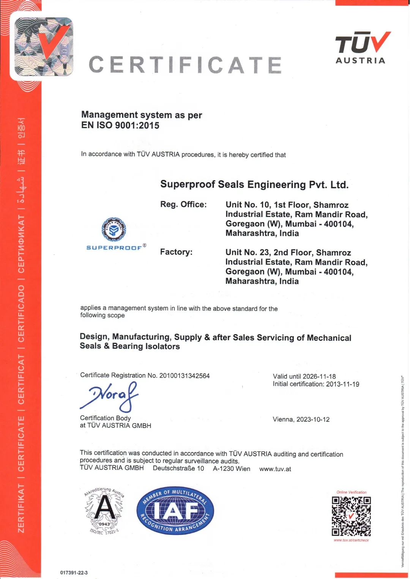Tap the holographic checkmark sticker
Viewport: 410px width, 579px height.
point(43,46)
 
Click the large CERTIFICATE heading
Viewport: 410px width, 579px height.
point(185,65)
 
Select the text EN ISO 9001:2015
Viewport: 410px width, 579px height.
point(120,126)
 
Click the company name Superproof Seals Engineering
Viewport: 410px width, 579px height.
point(254,185)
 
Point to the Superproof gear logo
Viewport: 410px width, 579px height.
point(114,230)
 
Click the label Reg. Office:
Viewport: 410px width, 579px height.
point(183,205)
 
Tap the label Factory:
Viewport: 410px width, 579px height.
point(176,252)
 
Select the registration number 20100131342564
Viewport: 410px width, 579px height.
point(184,376)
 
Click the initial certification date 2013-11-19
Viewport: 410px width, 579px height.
point(342,384)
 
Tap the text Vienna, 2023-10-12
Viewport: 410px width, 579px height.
point(301,419)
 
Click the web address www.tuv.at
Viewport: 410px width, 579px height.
point(275,469)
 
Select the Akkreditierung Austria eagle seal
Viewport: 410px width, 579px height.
point(104,511)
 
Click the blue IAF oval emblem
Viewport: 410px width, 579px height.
point(175,511)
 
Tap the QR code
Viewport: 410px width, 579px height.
point(351,516)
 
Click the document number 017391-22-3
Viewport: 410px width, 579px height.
point(74,573)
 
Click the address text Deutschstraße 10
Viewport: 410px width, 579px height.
point(178,468)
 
